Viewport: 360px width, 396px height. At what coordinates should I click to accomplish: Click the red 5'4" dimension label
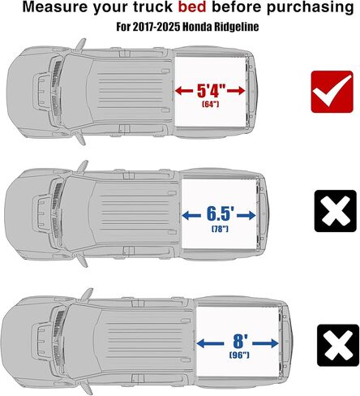(212, 89)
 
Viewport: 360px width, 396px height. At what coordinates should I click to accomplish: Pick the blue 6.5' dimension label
(221, 214)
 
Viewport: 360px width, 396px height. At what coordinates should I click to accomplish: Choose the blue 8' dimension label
(234, 342)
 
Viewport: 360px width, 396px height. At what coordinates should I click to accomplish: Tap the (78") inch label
(221, 229)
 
